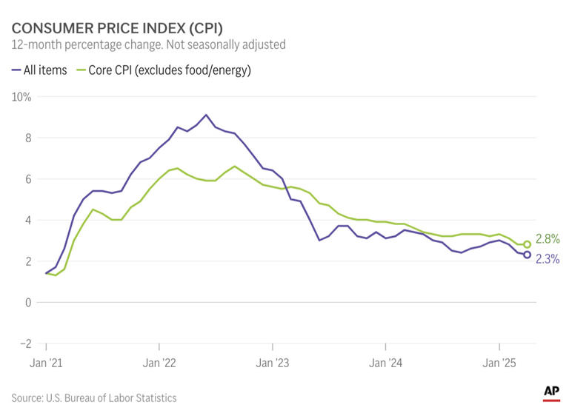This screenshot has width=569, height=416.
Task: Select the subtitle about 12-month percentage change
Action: click(x=148, y=45)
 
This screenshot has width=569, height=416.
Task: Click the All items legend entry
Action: click(x=40, y=70)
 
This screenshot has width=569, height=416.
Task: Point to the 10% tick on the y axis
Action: click(x=21, y=97)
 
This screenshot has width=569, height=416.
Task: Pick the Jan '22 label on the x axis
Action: click(x=159, y=363)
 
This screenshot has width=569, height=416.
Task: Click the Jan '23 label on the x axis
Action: click(x=273, y=363)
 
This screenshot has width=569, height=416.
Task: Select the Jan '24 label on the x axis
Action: click(x=386, y=363)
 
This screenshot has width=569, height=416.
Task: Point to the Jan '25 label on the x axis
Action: click(x=499, y=363)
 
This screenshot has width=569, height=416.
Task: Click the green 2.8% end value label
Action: click(x=547, y=239)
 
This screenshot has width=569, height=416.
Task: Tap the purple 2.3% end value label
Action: click(x=547, y=259)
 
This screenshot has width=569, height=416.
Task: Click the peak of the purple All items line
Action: click(x=206, y=115)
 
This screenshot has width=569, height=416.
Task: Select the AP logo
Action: click(x=551, y=392)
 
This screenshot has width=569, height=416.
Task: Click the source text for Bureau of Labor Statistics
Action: click(x=94, y=398)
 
